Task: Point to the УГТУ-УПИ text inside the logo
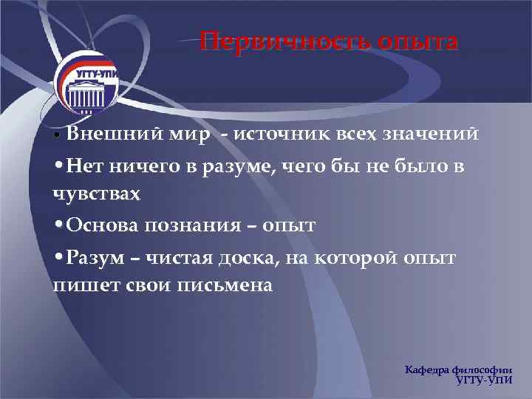coord(92,75)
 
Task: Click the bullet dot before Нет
coord(58,166)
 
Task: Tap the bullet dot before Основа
coord(58,225)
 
